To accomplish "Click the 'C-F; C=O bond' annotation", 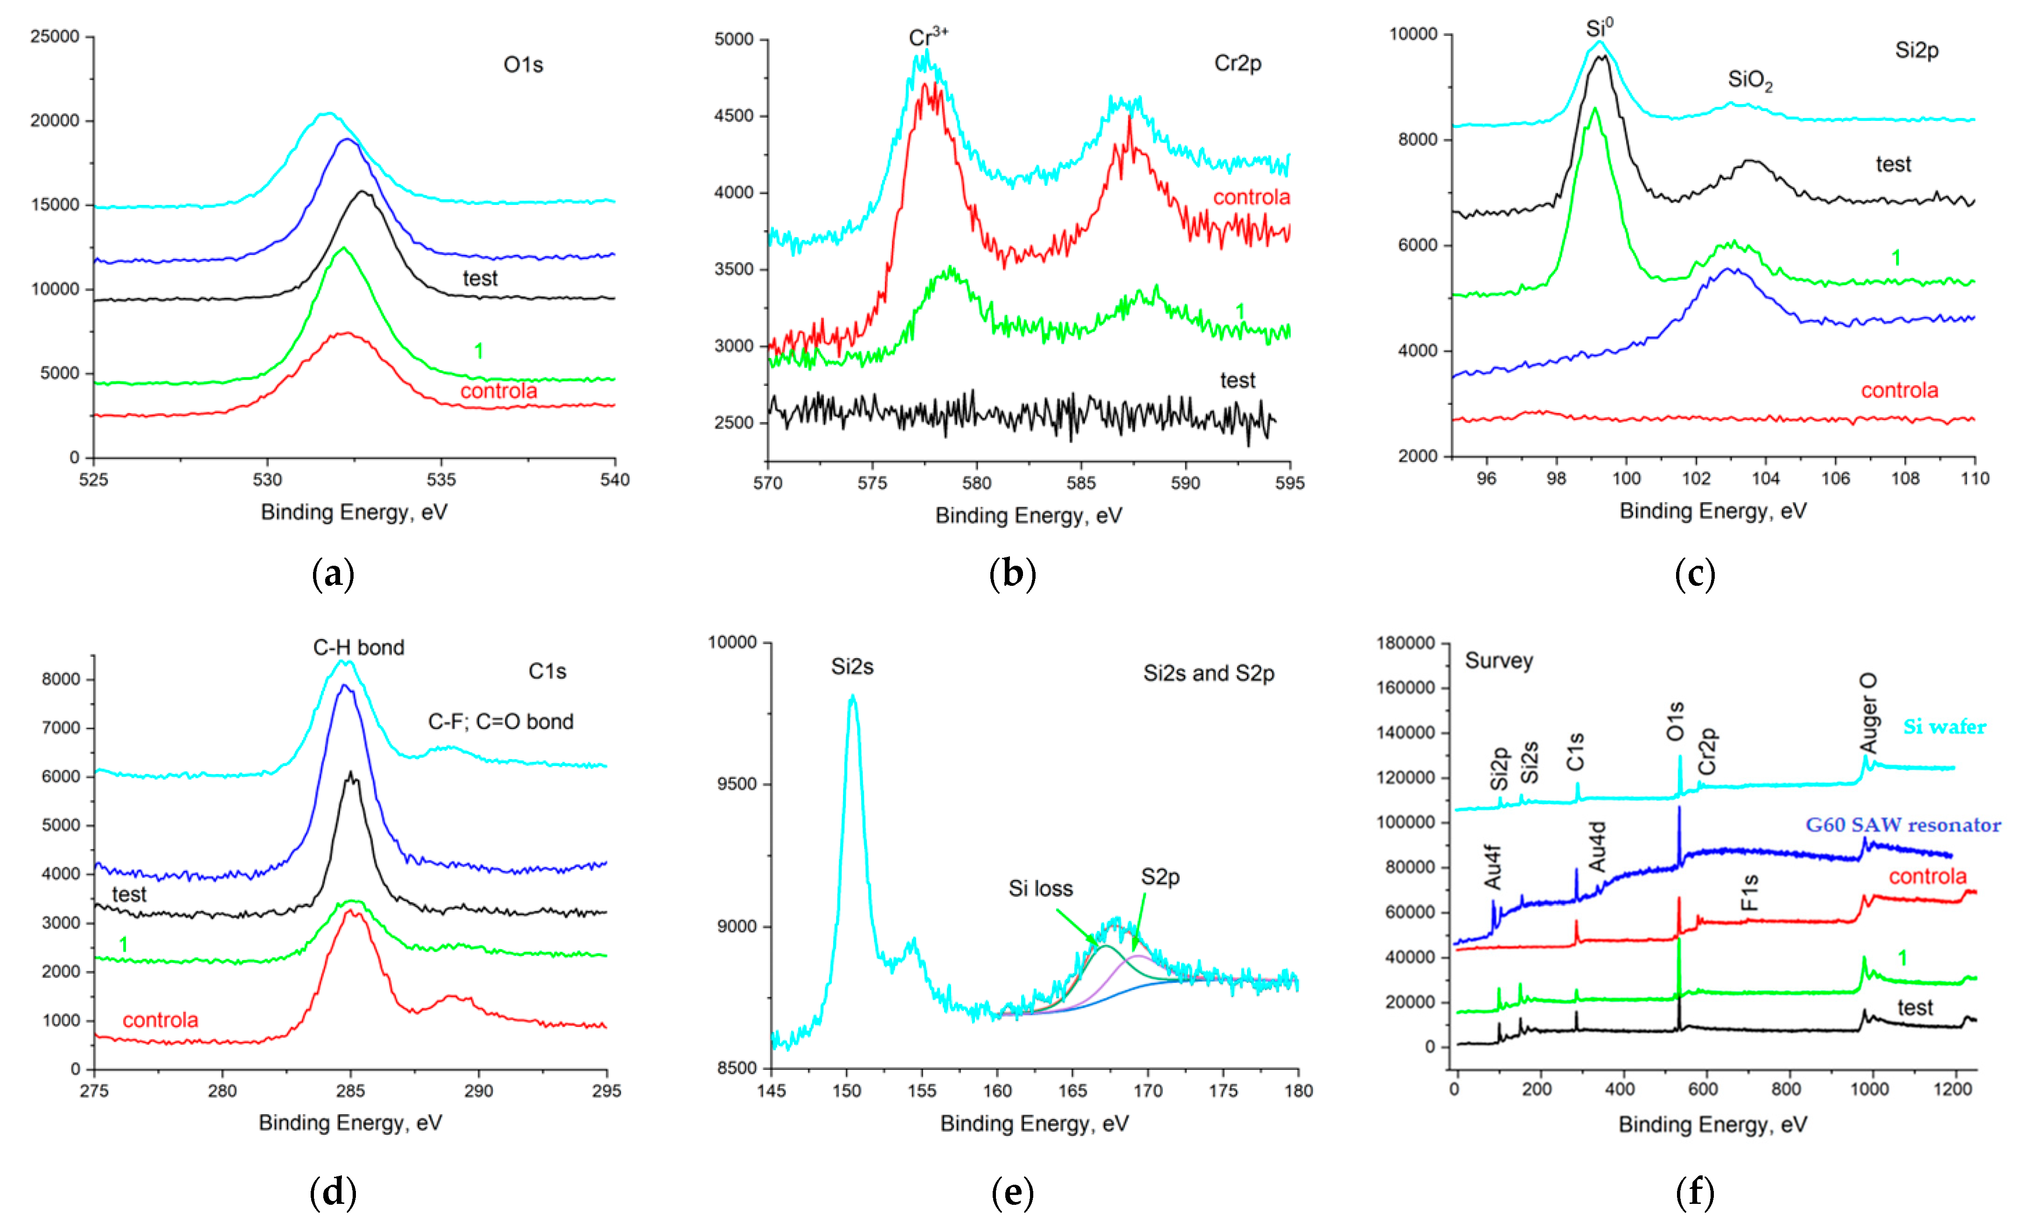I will pos(501,721).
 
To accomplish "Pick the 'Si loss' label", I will pos(1040,888).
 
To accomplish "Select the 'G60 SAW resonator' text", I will pos(1902,824).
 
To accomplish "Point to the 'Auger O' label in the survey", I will pos(1868,713).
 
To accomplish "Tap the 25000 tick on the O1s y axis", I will pos(55,36).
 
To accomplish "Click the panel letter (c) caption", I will pos(1695,574).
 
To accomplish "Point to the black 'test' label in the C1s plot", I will pos(129,894).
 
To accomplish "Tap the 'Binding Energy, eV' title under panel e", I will pos(1034,1123).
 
